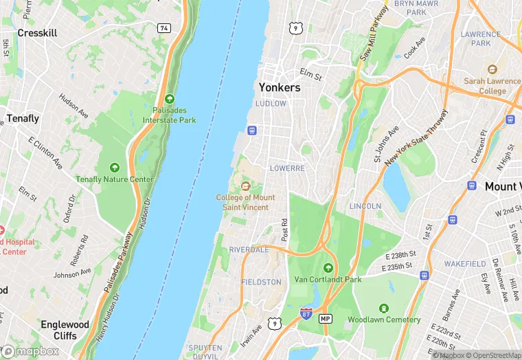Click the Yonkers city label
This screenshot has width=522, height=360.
click(x=280, y=88)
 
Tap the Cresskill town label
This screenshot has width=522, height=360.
click(x=37, y=33)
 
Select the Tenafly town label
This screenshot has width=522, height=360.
click(x=23, y=118)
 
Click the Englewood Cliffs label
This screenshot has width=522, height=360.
click(x=65, y=330)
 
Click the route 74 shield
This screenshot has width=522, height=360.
click(x=163, y=28)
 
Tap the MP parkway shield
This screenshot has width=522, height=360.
click(x=326, y=319)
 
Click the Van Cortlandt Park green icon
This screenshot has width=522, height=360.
click(x=328, y=268)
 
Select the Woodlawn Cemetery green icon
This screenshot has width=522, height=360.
click(x=384, y=308)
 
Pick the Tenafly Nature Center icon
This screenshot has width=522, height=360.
click(x=114, y=168)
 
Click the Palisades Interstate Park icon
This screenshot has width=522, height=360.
click(x=169, y=99)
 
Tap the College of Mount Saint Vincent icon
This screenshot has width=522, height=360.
click(x=245, y=185)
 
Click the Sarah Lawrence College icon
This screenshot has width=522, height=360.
click(x=492, y=69)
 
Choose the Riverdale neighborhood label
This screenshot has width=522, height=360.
click(x=249, y=249)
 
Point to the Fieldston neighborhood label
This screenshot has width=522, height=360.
click(x=261, y=282)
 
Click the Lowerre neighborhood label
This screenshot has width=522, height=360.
click(x=287, y=168)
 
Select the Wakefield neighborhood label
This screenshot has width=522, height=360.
click(x=465, y=264)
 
